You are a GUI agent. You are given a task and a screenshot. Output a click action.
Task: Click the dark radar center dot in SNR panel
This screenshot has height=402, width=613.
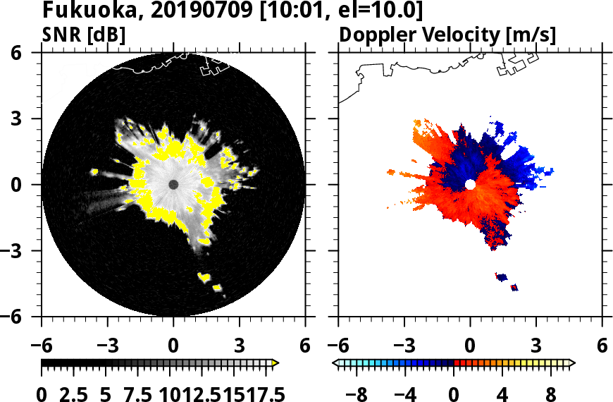point(173,185)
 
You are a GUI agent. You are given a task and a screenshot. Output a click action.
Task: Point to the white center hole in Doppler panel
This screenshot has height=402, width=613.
point(470,185)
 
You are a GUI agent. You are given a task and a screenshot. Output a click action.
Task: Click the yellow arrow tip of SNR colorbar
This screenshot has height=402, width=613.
point(275,363)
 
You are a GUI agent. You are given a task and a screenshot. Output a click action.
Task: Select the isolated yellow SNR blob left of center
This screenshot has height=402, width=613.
point(94,172)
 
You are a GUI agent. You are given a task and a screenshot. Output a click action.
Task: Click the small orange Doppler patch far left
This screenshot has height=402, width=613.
point(392,171)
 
